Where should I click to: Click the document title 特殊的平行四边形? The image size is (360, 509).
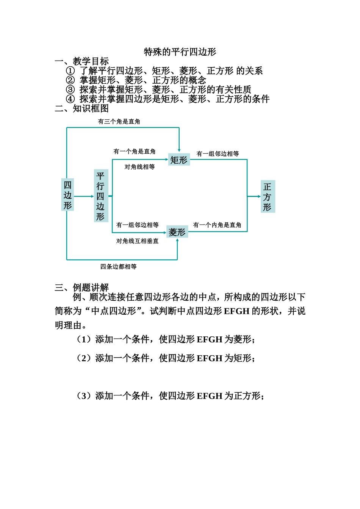coord(180,52)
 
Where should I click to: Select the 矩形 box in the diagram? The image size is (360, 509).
coord(179,160)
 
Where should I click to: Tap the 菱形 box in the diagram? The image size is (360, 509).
coord(177,232)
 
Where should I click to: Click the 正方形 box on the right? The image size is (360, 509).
coord(268,197)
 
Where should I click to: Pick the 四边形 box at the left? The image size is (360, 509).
coord(67,195)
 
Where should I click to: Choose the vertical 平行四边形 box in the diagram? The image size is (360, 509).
coord(100,196)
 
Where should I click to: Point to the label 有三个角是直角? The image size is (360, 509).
coord(119,122)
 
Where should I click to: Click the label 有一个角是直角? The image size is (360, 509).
coord(135,151)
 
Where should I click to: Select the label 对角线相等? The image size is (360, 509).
coord(139,167)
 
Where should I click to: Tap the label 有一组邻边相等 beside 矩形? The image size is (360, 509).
coord(218,153)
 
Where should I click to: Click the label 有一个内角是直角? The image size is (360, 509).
coord(217,225)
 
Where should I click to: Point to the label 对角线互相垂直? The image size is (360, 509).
coord(137,241)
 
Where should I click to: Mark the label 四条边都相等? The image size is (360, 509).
coord(118,267)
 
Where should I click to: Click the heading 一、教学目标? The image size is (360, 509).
coord(81,61)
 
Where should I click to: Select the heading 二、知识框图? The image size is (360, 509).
coord(81,109)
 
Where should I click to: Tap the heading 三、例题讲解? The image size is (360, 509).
coord(81,287)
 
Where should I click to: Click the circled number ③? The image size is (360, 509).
coord(70,90)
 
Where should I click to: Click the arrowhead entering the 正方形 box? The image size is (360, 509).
coord(259,196)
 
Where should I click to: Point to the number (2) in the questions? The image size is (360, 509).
coord(83,358)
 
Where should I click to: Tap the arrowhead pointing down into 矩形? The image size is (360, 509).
coord(179,150)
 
